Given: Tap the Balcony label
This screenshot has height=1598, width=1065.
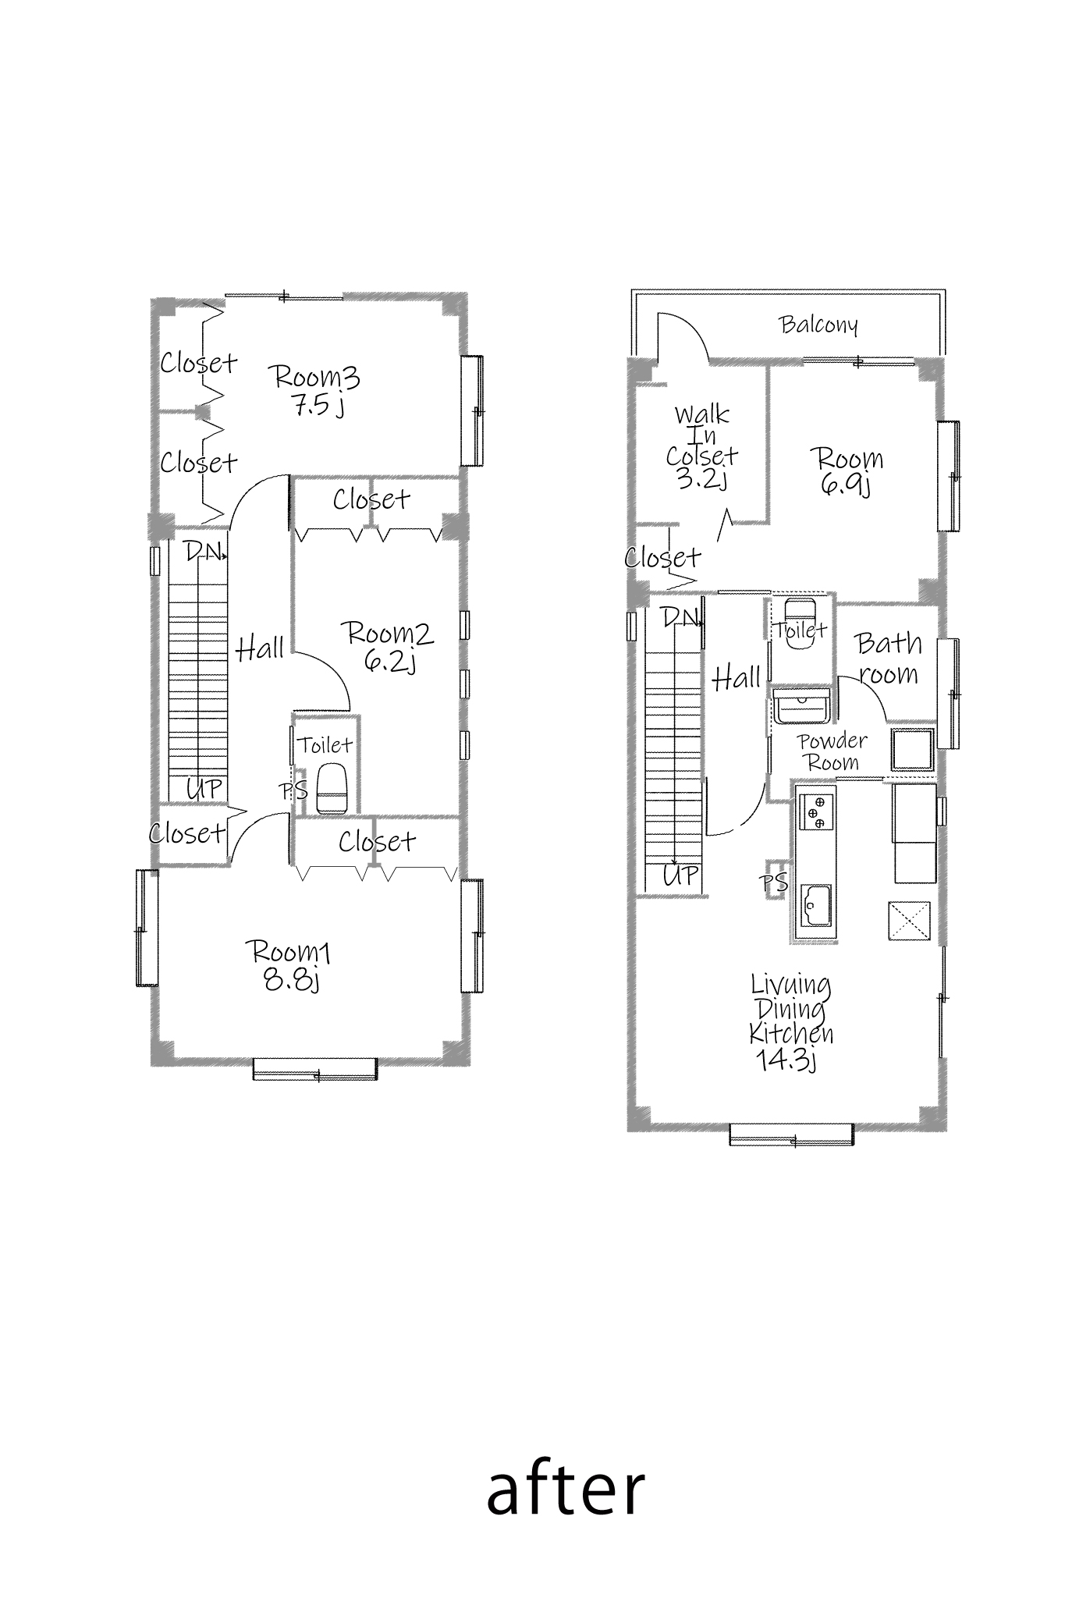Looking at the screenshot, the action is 818,325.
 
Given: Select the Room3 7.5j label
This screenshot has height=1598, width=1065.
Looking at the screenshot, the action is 316,390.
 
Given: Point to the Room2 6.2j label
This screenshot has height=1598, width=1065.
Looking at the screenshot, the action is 389,646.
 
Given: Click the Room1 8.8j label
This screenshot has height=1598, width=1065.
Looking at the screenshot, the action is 289,965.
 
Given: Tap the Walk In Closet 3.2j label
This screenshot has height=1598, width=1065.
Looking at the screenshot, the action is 701,446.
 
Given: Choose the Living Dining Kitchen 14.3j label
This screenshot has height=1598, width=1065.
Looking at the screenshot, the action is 790,1021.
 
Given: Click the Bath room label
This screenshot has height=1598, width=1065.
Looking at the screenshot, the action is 889,658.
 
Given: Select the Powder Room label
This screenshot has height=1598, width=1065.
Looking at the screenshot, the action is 832,751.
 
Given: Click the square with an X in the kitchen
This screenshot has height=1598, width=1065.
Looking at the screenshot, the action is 909,921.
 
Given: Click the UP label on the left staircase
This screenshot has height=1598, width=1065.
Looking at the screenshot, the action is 204,789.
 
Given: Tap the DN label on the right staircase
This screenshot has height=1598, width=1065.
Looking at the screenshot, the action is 681,618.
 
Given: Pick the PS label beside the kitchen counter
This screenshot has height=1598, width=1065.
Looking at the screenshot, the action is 775,882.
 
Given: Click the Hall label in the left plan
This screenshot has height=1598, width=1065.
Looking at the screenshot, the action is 260,648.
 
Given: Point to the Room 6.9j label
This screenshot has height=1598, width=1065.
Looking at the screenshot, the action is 846,471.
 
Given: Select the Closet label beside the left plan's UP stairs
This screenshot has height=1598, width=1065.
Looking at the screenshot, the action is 188,833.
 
